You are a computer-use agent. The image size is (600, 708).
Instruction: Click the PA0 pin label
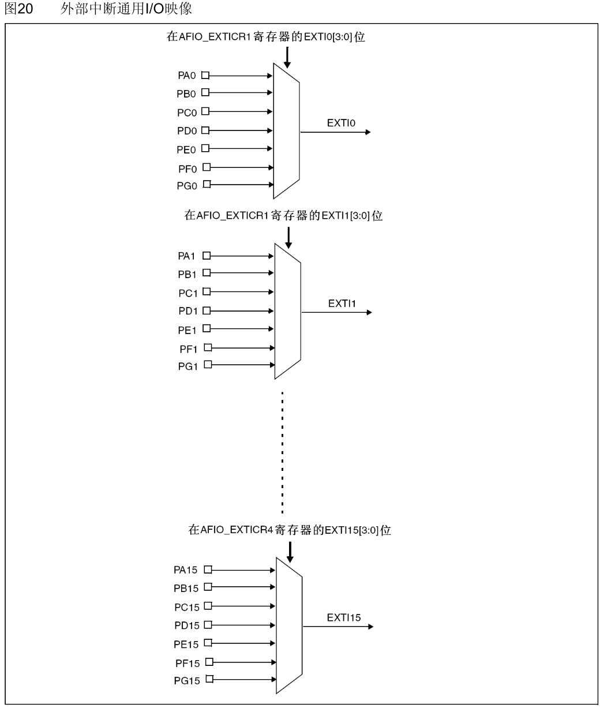pos(187,76)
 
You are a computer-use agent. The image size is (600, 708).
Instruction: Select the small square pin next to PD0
pos(204,130)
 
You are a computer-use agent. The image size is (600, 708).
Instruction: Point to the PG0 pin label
pos(187,186)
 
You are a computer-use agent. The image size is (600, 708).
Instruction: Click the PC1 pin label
pos(187,292)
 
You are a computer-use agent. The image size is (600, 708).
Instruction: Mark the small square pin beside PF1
pos(208,347)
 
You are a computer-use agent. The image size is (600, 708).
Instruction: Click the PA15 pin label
pos(186,570)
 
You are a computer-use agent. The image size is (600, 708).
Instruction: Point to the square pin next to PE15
pos(208,643)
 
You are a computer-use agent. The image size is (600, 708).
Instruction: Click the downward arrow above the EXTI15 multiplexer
pos(290,550)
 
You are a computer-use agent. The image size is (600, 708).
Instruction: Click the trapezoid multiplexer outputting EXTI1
pos(287,310)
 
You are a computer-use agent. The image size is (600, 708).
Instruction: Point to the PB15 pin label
pos(186,588)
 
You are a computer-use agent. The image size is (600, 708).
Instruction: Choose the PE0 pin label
pos(187,149)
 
